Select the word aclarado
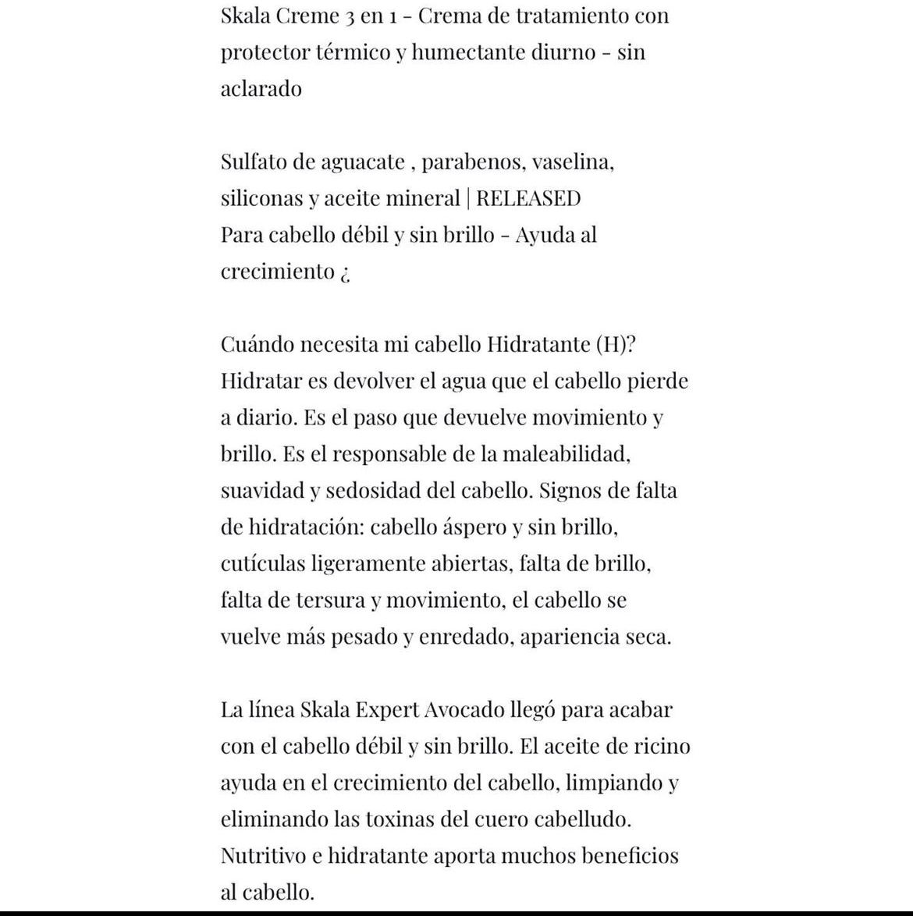click(x=261, y=88)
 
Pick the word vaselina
click(x=573, y=162)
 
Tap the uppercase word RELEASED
click(x=528, y=198)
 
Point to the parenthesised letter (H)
click(x=610, y=344)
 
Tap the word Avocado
click(x=464, y=710)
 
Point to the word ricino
click(x=662, y=746)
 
